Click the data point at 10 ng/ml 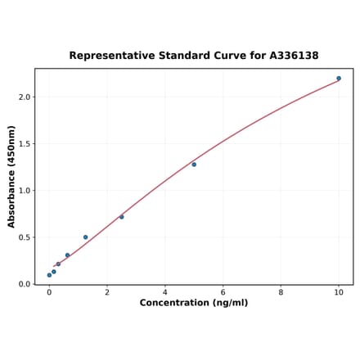pyautogui.click(x=339, y=79)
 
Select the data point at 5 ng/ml pyautogui.click(x=194, y=165)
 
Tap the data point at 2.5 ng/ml pyautogui.click(x=122, y=217)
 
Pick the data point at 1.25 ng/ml pyautogui.click(x=85, y=237)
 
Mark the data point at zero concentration pyautogui.click(x=49, y=275)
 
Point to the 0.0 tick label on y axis pyautogui.click(x=24, y=285)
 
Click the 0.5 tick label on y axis pyautogui.click(x=24, y=238)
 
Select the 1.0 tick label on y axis pyautogui.click(x=24, y=191)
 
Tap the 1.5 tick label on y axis pyautogui.click(x=24, y=144)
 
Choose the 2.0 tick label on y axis pyautogui.click(x=24, y=97)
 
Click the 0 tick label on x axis pyautogui.click(x=49, y=292)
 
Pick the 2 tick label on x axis pyautogui.click(x=107, y=292)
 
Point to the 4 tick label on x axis pyautogui.click(x=165, y=292)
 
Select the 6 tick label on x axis pyautogui.click(x=223, y=292)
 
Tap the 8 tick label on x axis pyautogui.click(x=281, y=292)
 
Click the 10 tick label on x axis pyautogui.click(x=339, y=292)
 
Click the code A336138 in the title pyautogui.click(x=294, y=56)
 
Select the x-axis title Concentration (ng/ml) pyautogui.click(x=194, y=303)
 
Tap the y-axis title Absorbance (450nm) pyautogui.click(x=11, y=177)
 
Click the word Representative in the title pyautogui.click(x=109, y=56)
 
